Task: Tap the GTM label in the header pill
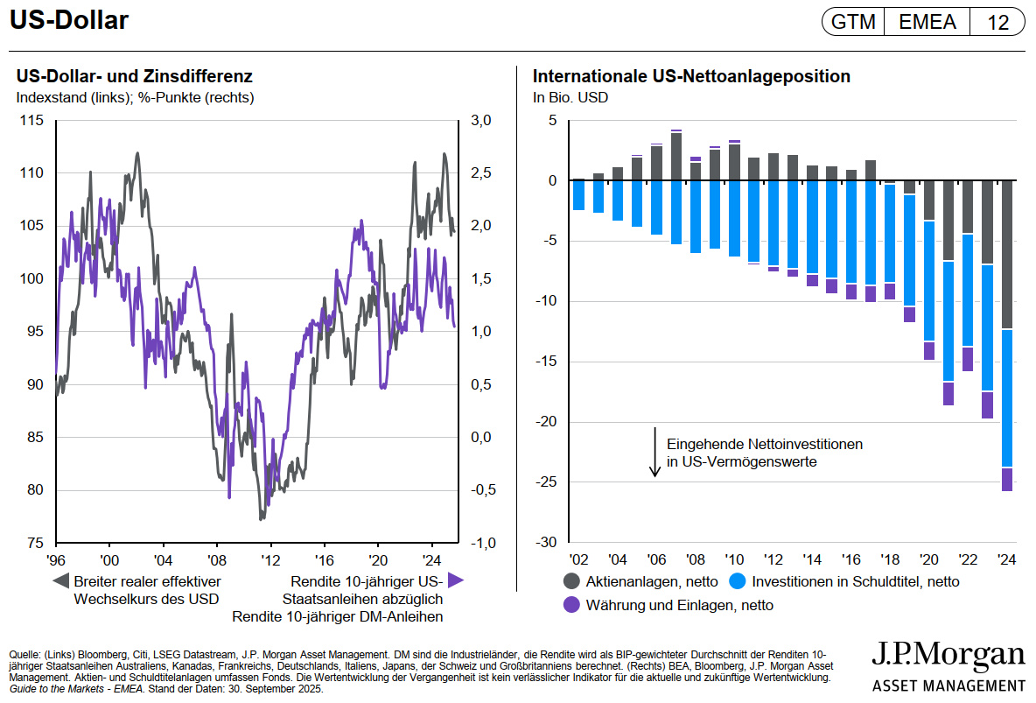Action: [x=853, y=23]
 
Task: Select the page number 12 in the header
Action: [x=997, y=23]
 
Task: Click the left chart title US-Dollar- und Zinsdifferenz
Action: [x=135, y=76]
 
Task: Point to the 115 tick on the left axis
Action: [x=32, y=121]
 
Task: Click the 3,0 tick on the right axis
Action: [x=481, y=121]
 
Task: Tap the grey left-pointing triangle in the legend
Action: [x=60, y=580]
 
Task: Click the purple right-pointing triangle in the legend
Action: [x=455, y=580]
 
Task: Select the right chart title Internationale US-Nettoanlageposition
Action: [x=691, y=76]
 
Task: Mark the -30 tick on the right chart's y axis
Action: [x=546, y=543]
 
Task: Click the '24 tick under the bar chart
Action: [x=1008, y=559]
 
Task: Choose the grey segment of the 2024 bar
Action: [x=1007, y=254]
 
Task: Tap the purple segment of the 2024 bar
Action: [x=1007, y=479]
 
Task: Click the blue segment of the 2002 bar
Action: [x=578, y=195]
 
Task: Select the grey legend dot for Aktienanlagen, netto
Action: [x=572, y=580]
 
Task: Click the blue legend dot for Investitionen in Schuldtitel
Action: [x=737, y=580]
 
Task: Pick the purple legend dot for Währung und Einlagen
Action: [x=572, y=604]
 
